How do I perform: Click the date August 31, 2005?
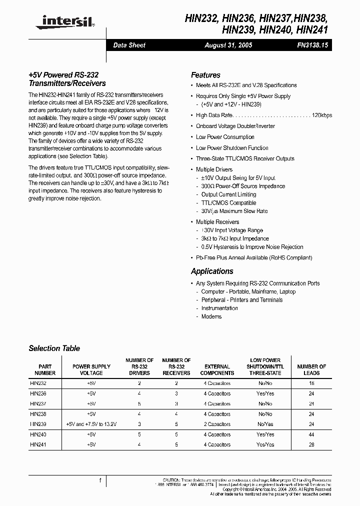click(x=228, y=45)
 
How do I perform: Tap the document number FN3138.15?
click(x=312, y=45)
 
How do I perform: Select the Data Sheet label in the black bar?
click(x=129, y=45)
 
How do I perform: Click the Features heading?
click(x=205, y=75)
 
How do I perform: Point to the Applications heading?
click(x=212, y=271)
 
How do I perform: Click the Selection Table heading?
click(x=54, y=348)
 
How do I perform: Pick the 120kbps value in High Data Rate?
click(x=321, y=115)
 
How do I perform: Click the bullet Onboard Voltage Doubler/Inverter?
click(x=235, y=126)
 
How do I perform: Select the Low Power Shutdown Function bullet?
click(x=232, y=148)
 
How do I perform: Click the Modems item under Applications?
click(x=211, y=316)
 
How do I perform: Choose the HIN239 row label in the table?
click(x=38, y=424)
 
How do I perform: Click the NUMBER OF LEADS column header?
click(x=311, y=369)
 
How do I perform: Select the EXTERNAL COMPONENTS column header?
click(x=217, y=369)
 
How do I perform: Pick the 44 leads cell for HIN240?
click(x=311, y=434)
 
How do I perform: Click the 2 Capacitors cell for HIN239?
click(x=217, y=424)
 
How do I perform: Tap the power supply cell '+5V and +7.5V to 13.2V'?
click(x=91, y=424)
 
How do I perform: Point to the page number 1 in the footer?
click(x=100, y=481)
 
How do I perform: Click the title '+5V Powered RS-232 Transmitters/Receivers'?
click(x=67, y=79)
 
